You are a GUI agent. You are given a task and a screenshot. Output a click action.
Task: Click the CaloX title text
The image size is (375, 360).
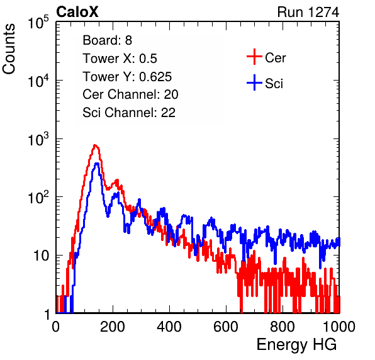click(77, 12)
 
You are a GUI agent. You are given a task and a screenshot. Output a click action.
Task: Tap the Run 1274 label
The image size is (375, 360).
click(308, 12)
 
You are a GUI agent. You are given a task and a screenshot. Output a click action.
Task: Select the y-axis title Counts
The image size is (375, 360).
click(9, 49)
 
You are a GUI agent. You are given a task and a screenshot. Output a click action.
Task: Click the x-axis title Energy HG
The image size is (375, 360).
click(296, 345)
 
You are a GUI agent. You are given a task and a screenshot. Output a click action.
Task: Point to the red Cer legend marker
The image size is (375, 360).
click(254, 57)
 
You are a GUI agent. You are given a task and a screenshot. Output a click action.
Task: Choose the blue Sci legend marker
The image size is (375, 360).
click(254, 82)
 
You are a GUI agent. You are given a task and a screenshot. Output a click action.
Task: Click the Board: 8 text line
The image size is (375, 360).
click(108, 40)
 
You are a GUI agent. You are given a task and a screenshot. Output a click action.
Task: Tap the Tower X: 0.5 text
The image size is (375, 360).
click(120, 59)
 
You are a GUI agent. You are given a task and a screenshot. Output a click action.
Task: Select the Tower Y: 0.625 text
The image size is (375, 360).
click(127, 77)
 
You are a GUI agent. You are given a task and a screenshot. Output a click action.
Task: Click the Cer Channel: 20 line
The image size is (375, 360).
click(130, 94)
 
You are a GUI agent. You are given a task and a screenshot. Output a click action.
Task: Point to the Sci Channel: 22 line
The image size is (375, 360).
click(129, 113)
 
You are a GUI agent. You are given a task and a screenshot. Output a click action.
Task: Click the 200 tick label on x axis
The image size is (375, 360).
click(113, 327)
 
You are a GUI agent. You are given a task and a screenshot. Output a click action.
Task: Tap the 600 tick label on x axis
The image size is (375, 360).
click(226, 327)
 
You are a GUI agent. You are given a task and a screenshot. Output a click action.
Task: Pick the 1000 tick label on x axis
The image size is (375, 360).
click(339, 327)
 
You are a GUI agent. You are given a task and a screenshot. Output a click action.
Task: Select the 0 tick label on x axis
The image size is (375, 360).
click(56, 327)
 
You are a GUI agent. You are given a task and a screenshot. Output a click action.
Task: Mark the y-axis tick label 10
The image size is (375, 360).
click(42, 256)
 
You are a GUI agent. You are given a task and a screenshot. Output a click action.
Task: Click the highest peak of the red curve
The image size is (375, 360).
click(95, 145)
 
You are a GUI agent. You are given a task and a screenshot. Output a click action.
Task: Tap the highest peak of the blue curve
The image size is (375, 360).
click(97, 164)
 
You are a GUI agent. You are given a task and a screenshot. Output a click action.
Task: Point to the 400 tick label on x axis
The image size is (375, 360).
click(169, 327)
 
